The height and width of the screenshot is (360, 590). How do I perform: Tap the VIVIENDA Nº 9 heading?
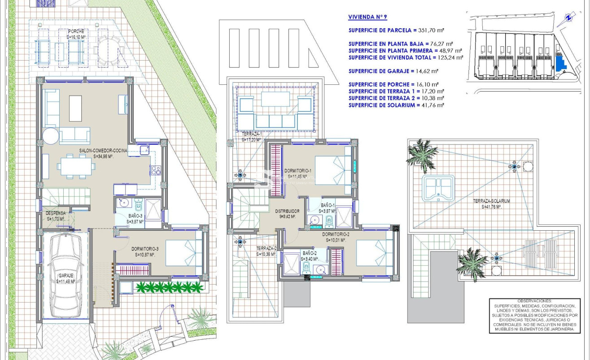click(x=367, y=18)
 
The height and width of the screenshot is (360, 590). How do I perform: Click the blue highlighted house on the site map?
click(x=559, y=62)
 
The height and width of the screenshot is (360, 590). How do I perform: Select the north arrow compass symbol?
click(x=568, y=18)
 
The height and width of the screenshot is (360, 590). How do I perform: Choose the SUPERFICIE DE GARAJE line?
click(x=393, y=71)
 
